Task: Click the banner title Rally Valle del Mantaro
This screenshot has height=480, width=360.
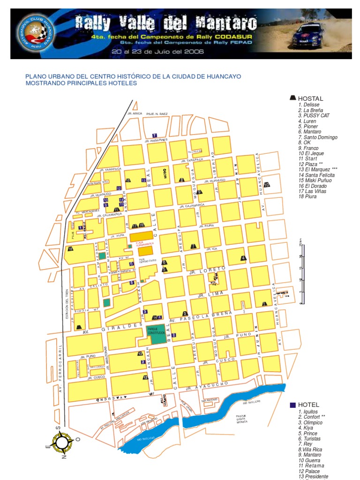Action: click(x=166, y=22)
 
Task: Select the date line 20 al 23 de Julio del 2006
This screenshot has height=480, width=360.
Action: click(x=157, y=52)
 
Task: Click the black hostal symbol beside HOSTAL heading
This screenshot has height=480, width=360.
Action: click(x=293, y=98)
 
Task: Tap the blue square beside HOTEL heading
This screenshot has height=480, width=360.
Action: click(x=293, y=405)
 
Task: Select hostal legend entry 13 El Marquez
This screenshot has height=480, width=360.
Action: click(x=317, y=169)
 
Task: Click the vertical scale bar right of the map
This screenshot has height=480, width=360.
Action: click(x=300, y=272)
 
